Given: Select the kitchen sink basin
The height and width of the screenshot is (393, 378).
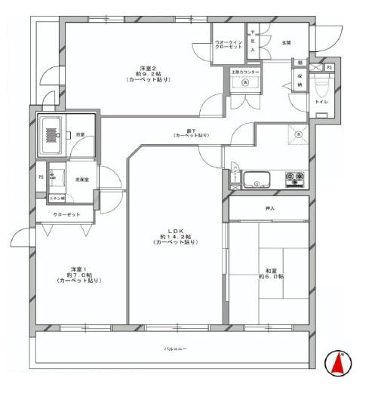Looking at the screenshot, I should tap(259, 180).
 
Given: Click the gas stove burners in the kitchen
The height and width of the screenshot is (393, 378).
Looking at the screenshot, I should tap(294, 180).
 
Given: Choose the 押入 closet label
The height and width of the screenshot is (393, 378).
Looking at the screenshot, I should tap(269, 207).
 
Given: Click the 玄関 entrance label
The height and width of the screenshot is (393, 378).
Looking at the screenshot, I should tap(287, 43).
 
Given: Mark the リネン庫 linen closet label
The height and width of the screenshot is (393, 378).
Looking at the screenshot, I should tap(57, 198).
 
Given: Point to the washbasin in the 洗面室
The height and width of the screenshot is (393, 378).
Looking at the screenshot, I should tap(56, 177).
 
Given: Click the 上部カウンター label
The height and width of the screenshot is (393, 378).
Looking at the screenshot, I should tap(245, 71).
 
